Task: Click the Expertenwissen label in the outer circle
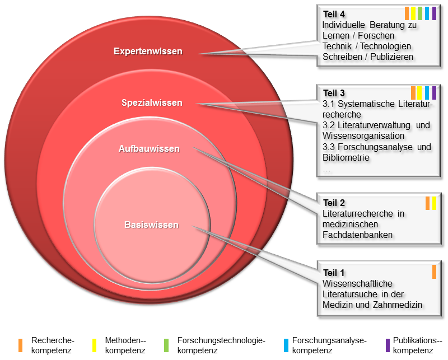click(x=148, y=52)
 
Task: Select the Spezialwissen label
click(x=152, y=102)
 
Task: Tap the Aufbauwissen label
click(x=149, y=149)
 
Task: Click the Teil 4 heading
click(x=334, y=14)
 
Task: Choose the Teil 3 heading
click(x=334, y=93)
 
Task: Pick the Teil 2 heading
click(x=334, y=203)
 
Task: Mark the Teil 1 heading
click(x=334, y=273)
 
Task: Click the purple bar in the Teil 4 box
click(x=434, y=13)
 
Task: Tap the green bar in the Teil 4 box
click(x=419, y=13)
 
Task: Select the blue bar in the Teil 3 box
click(x=427, y=93)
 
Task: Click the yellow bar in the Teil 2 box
click(x=434, y=203)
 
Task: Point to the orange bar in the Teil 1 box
click(x=434, y=272)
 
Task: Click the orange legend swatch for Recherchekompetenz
click(x=21, y=345)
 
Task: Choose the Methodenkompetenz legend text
click(x=125, y=345)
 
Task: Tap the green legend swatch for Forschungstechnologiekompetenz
click(x=167, y=345)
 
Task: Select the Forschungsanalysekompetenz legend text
click(x=329, y=345)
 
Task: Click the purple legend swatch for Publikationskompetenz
click(x=388, y=345)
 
